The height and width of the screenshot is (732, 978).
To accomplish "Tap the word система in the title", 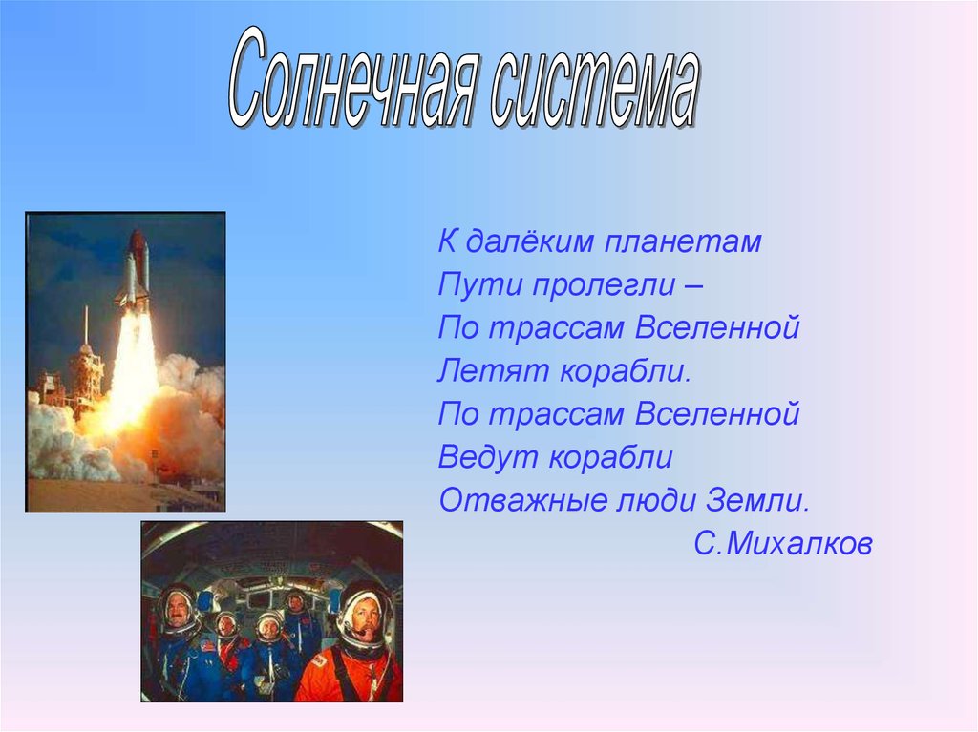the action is click(595, 87).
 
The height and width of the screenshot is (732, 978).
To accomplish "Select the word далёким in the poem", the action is click(529, 241).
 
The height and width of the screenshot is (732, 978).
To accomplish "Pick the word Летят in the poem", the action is click(493, 371).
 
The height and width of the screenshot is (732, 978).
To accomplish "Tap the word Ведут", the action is click(488, 458).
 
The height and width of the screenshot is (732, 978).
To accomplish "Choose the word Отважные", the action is click(523, 500).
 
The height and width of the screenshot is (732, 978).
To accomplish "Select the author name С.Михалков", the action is click(783, 544).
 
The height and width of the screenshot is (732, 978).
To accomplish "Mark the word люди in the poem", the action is click(656, 501).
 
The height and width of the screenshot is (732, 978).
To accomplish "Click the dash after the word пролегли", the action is click(693, 287).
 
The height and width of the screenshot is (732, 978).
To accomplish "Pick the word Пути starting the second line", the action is click(479, 285).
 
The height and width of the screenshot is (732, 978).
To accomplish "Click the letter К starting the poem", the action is click(447, 241).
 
